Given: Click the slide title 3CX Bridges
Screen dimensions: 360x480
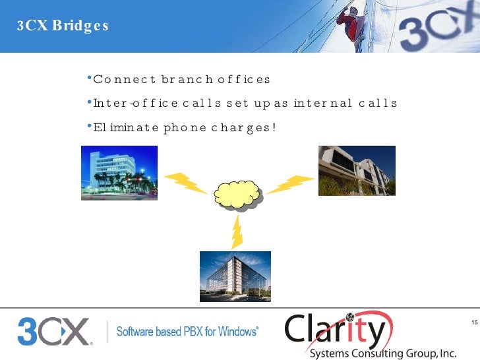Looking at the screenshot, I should click(x=63, y=27).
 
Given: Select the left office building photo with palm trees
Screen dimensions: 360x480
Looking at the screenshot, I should click(x=119, y=173).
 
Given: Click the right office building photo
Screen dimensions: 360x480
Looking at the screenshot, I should click(x=357, y=171).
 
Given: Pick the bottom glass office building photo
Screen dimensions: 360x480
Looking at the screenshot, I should click(x=235, y=276).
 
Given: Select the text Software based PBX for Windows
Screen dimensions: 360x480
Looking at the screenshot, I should click(x=187, y=332).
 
